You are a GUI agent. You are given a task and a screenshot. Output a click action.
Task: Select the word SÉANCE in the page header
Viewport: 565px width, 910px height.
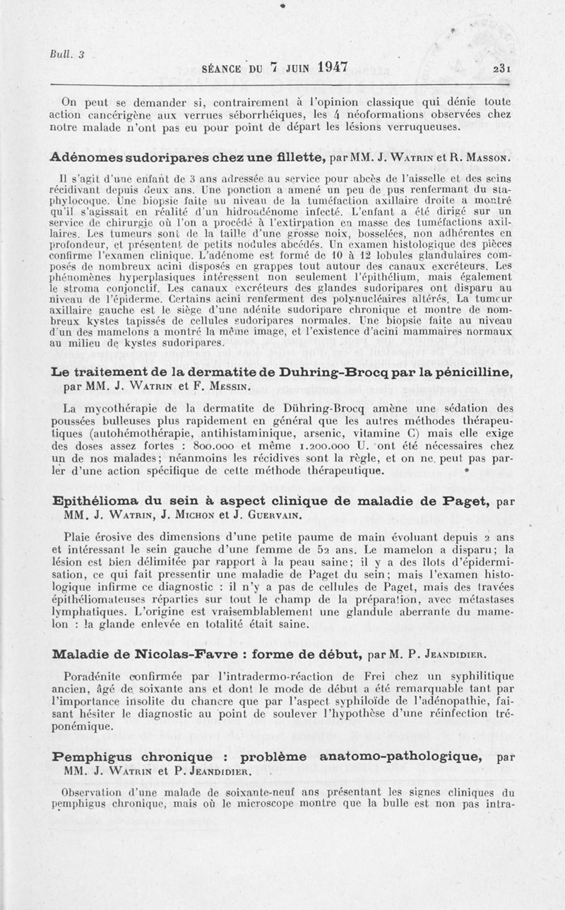(224, 69)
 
